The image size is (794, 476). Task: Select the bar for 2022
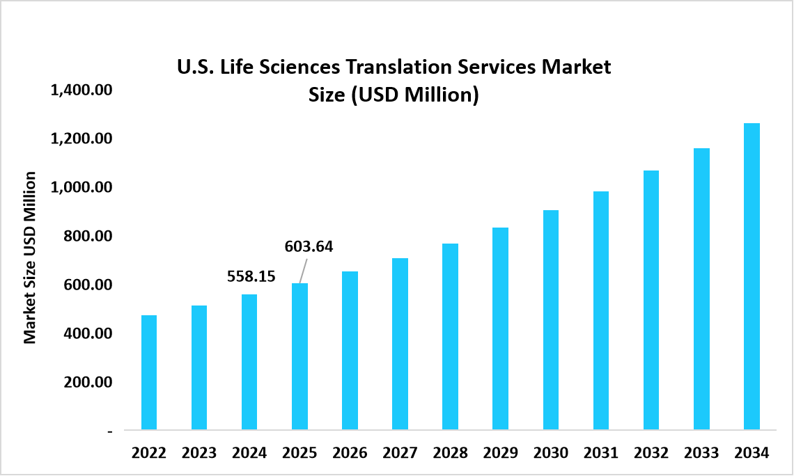pos(149,372)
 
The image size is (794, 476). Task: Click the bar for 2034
pos(752,276)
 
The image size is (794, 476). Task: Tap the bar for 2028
pos(450,336)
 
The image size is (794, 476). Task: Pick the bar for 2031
pos(601,310)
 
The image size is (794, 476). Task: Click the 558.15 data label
pos(251,276)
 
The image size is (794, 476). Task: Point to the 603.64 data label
pos(309,246)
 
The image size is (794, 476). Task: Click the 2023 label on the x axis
pos(199,453)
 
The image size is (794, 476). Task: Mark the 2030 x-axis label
pos(550,453)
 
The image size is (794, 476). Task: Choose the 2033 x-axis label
pos(701,453)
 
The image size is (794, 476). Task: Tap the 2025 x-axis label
pos(299,453)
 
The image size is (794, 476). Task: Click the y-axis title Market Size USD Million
pos(29,257)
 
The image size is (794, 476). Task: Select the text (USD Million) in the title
pos(414,95)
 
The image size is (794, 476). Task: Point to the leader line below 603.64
pos(304,270)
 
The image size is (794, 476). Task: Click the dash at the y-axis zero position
pos(109,431)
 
